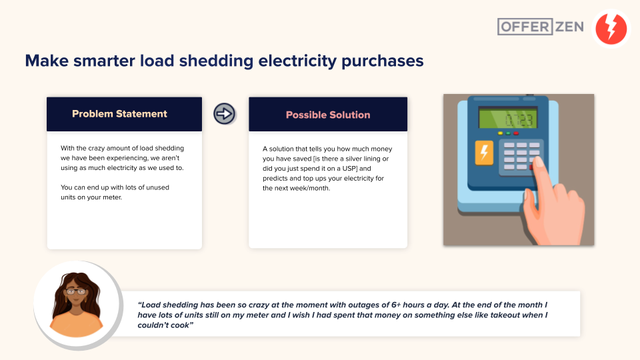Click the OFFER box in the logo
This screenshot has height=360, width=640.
coord(525,27)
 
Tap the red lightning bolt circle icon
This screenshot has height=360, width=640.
coord(611,28)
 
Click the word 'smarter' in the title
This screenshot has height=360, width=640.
coord(104,61)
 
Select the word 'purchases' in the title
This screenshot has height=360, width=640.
coord(383,61)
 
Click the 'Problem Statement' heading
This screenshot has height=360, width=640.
coord(119,114)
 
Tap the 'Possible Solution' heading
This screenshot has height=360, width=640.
coord(328,115)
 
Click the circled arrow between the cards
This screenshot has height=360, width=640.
coord(224,113)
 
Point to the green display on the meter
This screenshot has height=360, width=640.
coord(507,119)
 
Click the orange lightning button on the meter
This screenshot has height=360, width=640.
coord(484,153)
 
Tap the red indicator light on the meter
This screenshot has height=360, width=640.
coord(516,133)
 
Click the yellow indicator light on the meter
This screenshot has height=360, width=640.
coord(501,133)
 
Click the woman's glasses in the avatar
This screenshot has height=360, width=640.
coord(75,291)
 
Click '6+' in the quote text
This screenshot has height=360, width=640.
coord(396,305)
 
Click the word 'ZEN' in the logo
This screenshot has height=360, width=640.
coord(569,27)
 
